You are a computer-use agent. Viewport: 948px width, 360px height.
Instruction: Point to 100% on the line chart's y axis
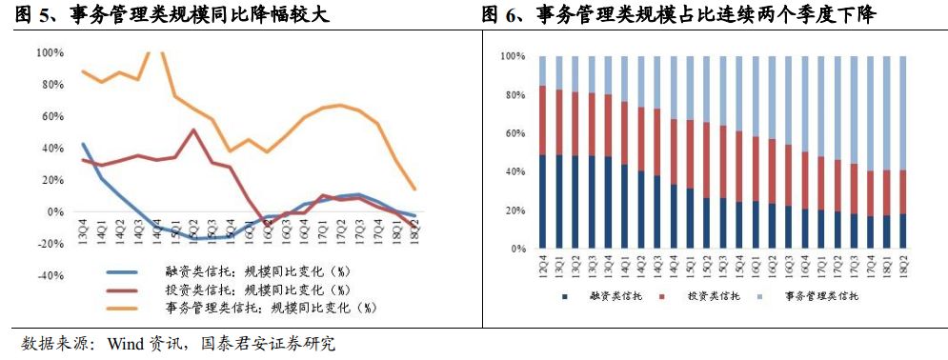[x=50, y=52]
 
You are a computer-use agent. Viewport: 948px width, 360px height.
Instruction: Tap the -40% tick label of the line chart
[x=50, y=276]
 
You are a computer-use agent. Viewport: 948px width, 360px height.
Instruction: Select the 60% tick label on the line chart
[x=52, y=116]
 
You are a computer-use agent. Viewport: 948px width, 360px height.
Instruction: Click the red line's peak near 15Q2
[x=194, y=130]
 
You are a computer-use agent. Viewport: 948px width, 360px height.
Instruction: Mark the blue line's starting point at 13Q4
[x=84, y=145]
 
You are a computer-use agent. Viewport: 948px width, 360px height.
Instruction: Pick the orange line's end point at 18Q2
[x=414, y=189]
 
